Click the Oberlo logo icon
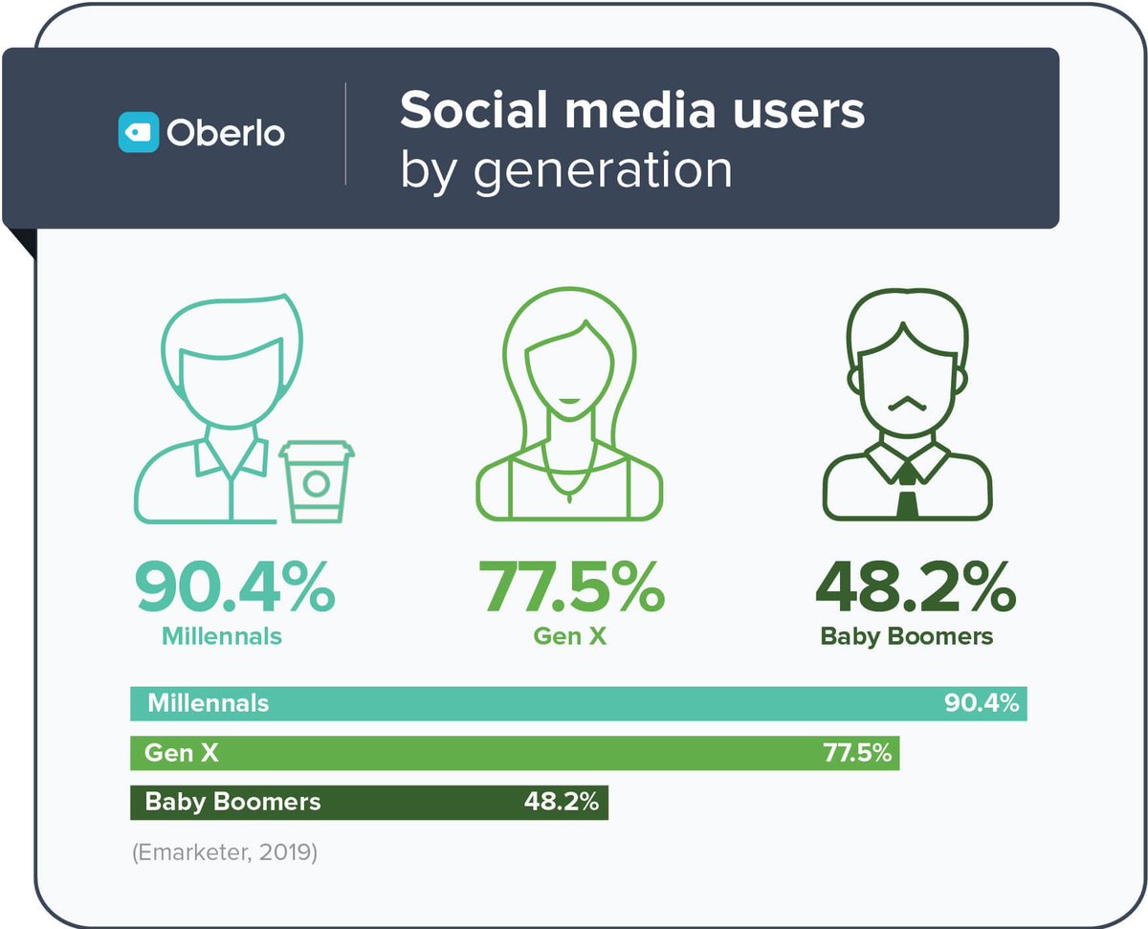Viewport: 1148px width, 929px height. tap(138, 132)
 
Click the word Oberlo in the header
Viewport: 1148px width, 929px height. tap(226, 133)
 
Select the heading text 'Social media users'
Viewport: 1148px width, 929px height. tap(631, 111)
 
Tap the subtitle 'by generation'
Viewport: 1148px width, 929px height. tap(565, 169)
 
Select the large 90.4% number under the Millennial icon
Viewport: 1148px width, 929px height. tap(234, 586)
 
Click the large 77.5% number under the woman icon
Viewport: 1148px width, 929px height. tap(571, 586)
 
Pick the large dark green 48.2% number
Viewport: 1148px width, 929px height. tap(915, 586)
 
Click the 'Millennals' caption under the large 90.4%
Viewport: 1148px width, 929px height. tap(222, 635)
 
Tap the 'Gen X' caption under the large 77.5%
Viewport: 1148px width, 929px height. tap(570, 635)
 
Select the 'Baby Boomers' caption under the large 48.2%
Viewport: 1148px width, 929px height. tap(907, 635)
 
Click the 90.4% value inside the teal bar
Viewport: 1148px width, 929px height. tap(982, 704)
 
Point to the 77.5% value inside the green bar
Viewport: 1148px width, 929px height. tap(857, 753)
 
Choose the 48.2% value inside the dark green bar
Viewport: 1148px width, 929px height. tap(561, 802)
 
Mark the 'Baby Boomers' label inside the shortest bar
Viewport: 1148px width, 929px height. tap(232, 802)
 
